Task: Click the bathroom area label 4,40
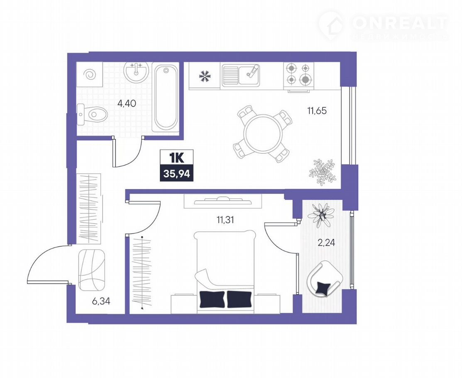127,103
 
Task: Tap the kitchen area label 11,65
317,111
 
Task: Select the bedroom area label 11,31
225,220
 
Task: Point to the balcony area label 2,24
326,243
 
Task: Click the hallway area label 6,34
101,301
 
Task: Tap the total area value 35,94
177,174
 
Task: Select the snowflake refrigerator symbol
205,76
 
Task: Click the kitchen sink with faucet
241,75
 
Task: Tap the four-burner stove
299,76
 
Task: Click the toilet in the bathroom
92,114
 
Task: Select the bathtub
166,98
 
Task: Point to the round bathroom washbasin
136,71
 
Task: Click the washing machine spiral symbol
90,75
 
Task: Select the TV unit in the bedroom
223,201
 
